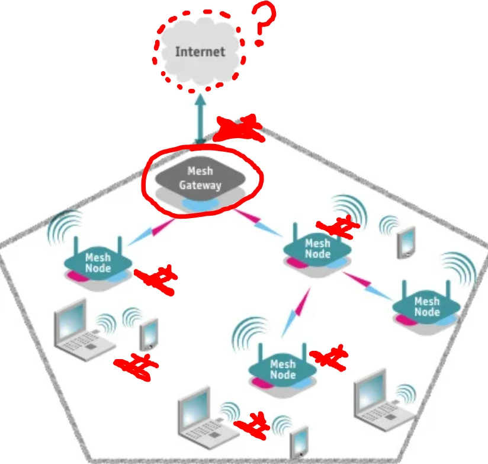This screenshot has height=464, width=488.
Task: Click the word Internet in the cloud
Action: pyautogui.click(x=200, y=52)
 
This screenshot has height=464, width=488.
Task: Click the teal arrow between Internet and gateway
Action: pyautogui.click(x=200, y=120)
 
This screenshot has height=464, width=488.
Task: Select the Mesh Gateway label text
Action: pyautogui.click(x=200, y=178)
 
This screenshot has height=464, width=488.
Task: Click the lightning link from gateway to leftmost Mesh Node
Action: pyautogui.click(x=151, y=232)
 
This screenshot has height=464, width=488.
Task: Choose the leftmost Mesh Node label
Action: pyautogui.click(x=98, y=263)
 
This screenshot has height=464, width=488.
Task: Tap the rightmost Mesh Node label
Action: pyautogui.click(x=427, y=306)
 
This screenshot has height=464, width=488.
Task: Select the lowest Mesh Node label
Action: pyautogui.click(x=282, y=369)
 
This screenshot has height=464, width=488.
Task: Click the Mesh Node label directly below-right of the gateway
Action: pyautogui.click(x=317, y=248)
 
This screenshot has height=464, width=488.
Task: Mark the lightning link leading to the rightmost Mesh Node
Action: pyautogui.click(x=367, y=286)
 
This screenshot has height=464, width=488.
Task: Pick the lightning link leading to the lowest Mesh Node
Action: pyautogui.click(x=296, y=312)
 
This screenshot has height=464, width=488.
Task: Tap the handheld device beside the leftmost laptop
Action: pyautogui.click(x=149, y=334)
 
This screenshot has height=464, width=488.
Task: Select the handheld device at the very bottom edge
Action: pyautogui.click(x=299, y=443)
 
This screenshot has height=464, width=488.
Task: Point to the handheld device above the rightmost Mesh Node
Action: pyautogui.click(x=406, y=242)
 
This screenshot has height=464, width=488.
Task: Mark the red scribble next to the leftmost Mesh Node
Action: pyautogui.click(x=156, y=279)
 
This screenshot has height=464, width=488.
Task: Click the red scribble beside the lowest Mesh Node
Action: pyautogui.click(x=329, y=357)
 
